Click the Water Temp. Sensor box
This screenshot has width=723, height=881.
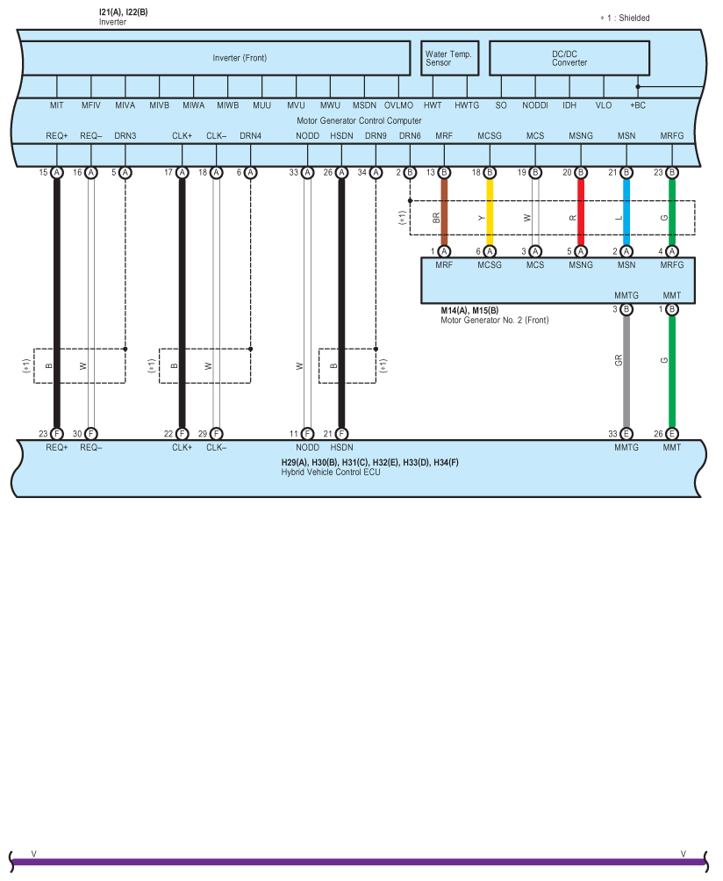click(448, 58)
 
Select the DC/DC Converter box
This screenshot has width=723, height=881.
click(569, 58)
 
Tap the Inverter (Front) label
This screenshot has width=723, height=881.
click(240, 58)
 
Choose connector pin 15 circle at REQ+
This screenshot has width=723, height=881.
click(56, 173)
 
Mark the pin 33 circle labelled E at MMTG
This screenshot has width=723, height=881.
click(626, 433)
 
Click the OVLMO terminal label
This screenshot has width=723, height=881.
click(398, 105)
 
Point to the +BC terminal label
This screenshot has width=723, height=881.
click(638, 105)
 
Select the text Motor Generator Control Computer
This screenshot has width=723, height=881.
click(359, 120)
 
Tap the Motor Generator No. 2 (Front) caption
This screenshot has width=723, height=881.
click(494, 321)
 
